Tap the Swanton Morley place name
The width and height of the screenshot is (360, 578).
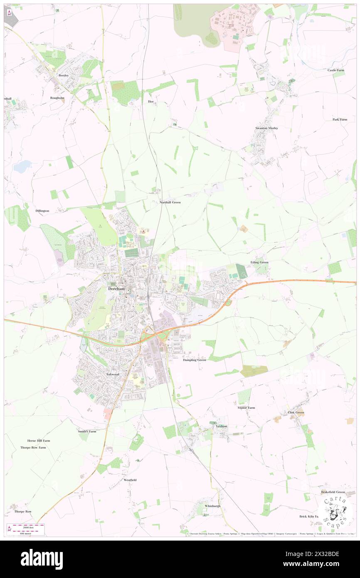coord(266,128)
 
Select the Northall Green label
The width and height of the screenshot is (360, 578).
coord(170,202)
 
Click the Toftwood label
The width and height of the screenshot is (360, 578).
coord(113,374)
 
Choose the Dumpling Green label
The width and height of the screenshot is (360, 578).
coord(195,360)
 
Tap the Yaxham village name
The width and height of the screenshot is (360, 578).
coord(221,426)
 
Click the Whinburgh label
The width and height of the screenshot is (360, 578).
coord(212,506)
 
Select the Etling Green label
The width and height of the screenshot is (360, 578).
coord(259,262)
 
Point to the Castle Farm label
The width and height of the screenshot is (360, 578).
coord(335,70)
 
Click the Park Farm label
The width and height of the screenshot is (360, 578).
coord(340,119)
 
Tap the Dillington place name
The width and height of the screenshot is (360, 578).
coord(42,211)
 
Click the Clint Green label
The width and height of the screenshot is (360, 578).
coord(296,413)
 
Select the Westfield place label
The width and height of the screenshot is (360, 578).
coord(130,480)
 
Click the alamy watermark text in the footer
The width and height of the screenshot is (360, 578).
coord(42,559)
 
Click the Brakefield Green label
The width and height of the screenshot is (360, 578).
coord(333,492)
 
